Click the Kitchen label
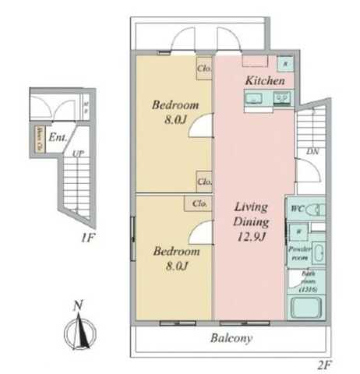coord(264,81)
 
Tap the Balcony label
coord(232,339)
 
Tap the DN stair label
coord(312,151)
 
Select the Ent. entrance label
coord(57,138)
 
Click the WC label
coord(296,210)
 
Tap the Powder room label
coord(300,251)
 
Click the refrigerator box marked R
coord(285,64)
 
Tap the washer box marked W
coord(298,230)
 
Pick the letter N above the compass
coord(76,306)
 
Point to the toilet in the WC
coord(315,210)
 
